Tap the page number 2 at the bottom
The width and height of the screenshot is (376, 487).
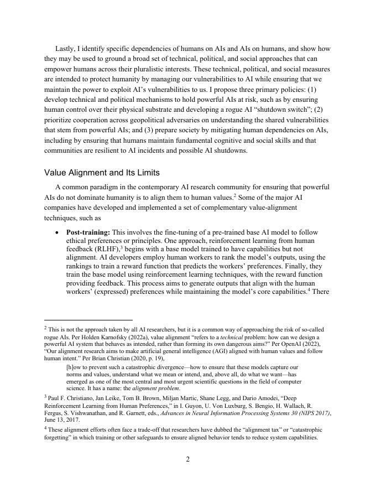187,459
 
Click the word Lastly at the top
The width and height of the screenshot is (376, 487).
66,49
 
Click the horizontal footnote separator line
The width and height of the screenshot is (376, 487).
88,320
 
